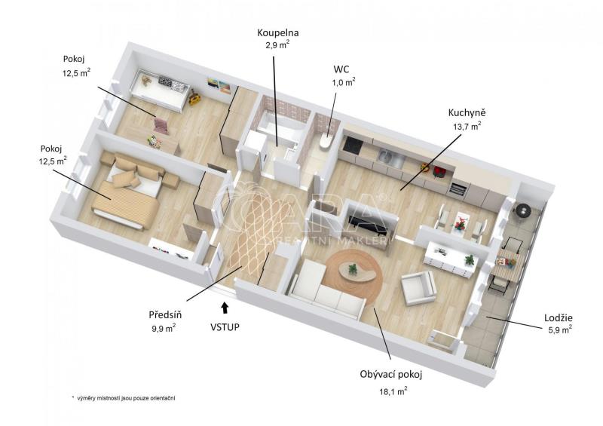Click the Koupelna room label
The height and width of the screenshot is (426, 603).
click(278, 33)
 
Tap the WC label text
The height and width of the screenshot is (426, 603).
click(341, 69)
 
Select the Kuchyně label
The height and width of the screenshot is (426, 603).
click(467, 113)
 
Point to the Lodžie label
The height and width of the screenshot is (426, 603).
click(559, 318)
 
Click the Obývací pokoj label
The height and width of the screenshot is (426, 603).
click(391, 375)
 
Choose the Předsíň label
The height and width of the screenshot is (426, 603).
click(165, 314)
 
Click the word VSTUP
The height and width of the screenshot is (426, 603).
click(225, 327)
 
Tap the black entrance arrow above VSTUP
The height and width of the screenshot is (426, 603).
click(225, 307)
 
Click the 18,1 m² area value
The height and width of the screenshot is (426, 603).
click(393, 392)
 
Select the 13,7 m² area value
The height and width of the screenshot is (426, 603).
click(467, 127)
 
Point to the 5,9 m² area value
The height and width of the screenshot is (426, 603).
click(560, 329)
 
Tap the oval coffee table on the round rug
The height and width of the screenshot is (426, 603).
click(356, 270)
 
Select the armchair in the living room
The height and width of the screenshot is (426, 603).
click(418, 287)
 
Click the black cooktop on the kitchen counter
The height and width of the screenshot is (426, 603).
click(353, 145)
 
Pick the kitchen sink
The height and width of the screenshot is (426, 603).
click(385, 156)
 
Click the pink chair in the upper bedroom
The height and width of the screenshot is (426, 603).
click(161, 124)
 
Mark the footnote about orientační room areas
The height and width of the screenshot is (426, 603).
click(124, 398)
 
